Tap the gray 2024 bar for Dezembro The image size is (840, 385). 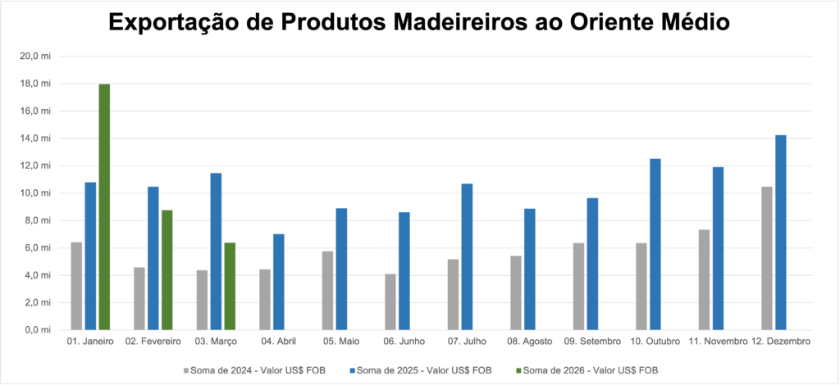(767, 258)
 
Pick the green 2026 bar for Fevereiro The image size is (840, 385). (167, 269)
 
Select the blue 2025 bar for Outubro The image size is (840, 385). (655, 244)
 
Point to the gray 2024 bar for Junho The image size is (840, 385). (390, 301)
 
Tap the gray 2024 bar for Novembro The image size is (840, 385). (704, 279)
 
